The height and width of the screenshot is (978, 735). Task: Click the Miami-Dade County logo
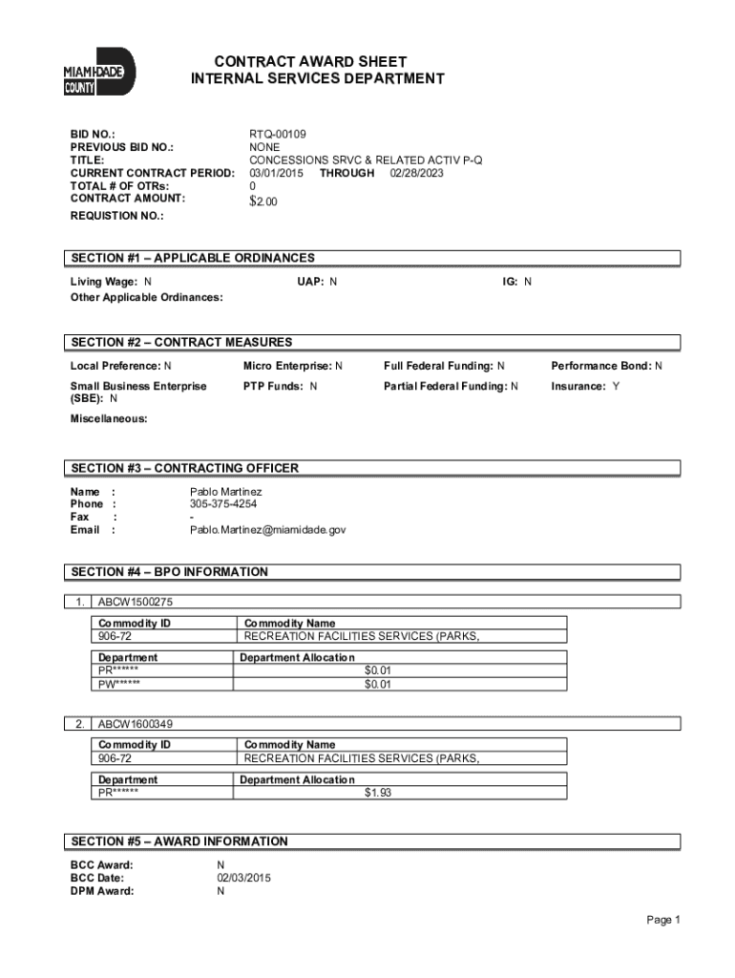[98, 72]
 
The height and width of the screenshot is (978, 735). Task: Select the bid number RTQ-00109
[278, 135]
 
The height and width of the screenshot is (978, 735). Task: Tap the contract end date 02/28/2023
[416, 173]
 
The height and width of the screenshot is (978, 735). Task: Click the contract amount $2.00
[263, 201]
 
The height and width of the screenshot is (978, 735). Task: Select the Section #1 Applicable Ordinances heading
[192, 258]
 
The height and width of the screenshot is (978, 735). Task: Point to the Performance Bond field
[606, 366]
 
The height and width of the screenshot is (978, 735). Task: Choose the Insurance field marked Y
[584, 386]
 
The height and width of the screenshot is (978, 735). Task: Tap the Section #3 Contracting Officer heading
[184, 468]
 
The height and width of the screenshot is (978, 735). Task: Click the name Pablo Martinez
[226, 491]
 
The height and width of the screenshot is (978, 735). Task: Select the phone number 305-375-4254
[223, 503]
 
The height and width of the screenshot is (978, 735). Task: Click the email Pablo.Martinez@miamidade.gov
[267, 529]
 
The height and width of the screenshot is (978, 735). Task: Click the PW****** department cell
[119, 683]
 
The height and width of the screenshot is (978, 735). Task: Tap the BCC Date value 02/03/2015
[243, 878]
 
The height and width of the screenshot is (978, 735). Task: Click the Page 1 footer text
[662, 920]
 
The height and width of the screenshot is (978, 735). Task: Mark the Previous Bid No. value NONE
[264, 148]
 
